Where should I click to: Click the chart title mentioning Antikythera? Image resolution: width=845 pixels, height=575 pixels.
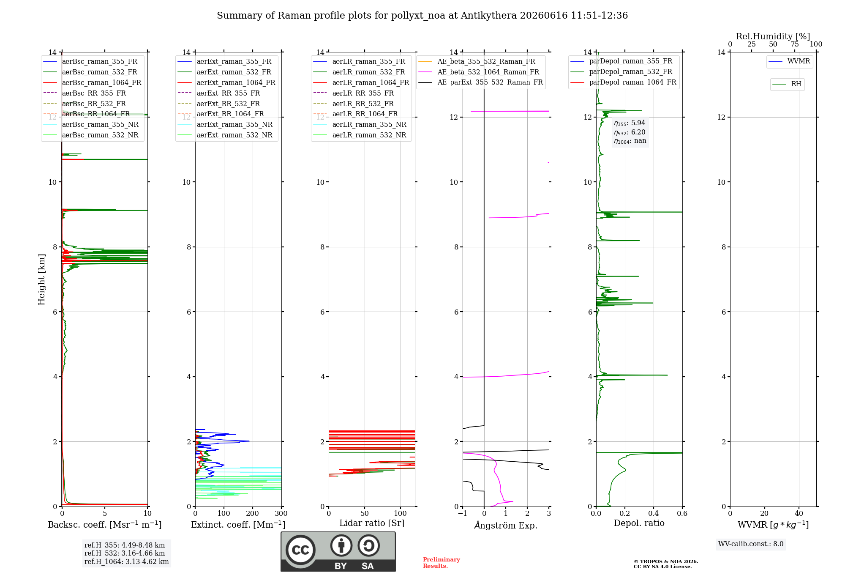[422, 16]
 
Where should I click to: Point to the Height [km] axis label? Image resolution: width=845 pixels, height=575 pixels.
[41, 279]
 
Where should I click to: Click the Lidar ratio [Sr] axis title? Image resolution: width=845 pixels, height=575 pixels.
[372, 523]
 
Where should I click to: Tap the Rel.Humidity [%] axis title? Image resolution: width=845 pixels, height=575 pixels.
[773, 36]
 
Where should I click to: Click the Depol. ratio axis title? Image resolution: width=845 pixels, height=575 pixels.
[639, 523]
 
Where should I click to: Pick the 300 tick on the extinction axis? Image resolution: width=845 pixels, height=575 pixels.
[281, 513]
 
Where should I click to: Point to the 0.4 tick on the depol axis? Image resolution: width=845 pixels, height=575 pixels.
[654, 513]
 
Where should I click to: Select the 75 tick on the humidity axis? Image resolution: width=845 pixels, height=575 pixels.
[795, 44]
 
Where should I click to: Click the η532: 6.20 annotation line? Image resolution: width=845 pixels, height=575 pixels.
[630, 132]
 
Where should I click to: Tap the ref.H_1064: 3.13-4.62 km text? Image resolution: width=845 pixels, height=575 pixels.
[127, 561]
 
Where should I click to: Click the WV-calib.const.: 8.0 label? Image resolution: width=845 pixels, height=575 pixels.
[751, 544]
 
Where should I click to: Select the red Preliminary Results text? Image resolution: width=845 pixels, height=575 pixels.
[442, 563]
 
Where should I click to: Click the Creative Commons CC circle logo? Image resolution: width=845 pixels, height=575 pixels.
[300, 550]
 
